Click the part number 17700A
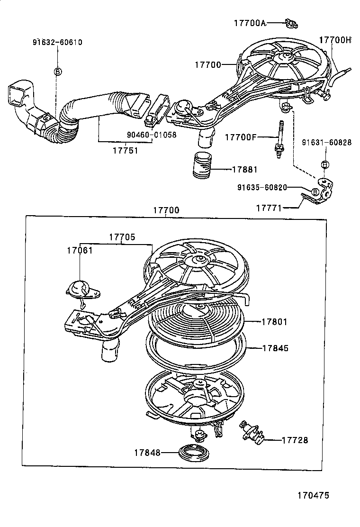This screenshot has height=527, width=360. coord(249,22)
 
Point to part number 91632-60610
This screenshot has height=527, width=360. coord(57,42)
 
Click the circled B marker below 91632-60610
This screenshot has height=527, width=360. coord(57,72)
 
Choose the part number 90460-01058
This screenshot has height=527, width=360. coord(152,135)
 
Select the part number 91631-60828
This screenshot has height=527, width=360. coord(327,142)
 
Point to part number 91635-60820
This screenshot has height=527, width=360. coord(262,187)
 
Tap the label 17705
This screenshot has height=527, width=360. coord(123,237)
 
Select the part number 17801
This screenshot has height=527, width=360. coord(275,322)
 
